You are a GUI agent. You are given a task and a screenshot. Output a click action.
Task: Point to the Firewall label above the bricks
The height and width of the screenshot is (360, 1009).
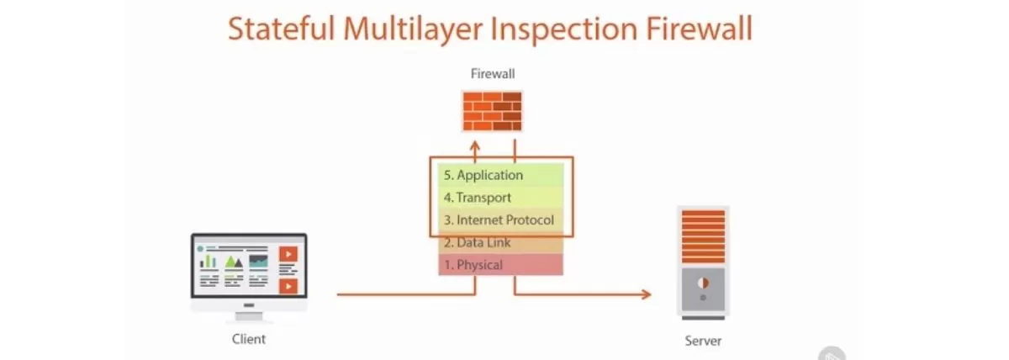pyautogui.click(x=493, y=73)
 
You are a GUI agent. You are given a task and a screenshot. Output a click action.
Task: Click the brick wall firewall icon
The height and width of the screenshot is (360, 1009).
pyautogui.click(x=493, y=110)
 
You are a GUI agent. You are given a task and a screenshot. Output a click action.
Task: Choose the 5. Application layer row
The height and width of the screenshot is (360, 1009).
pyautogui.click(x=500, y=176)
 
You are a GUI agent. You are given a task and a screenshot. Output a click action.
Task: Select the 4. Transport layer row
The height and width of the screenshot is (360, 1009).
pyautogui.click(x=500, y=198)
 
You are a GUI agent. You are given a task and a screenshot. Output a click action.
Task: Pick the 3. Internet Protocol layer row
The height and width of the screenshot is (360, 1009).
pyautogui.click(x=500, y=220)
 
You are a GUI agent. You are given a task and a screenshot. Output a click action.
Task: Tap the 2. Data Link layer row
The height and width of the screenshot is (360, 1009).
pyautogui.click(x=500, y=243)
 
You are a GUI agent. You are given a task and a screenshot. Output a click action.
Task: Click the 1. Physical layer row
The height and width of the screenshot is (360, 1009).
pyautogui.click(x=500, y=265)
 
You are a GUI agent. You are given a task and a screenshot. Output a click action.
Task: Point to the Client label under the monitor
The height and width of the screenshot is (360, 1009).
pyautogui.click(x=249, y=340)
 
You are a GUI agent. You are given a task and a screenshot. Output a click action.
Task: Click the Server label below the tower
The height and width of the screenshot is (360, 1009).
pyautogui.click(x=702, y=341)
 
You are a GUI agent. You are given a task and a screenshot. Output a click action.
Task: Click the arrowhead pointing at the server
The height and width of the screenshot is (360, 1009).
pyautogui.click(x=646, y=294)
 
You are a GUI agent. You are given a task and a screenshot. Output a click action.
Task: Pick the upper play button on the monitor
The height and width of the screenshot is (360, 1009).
pyautogui.click(x=288, y=253)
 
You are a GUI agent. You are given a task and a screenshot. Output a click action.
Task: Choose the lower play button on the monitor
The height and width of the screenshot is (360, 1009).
pyautogui.click(x=288, y=286)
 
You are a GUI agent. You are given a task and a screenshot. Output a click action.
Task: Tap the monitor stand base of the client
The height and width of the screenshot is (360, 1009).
pyautogui.click(x=249, y=318)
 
